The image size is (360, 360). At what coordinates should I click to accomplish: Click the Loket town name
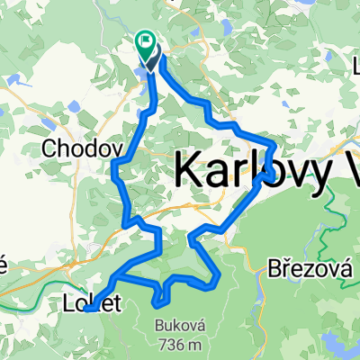click(x=93, y=301)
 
